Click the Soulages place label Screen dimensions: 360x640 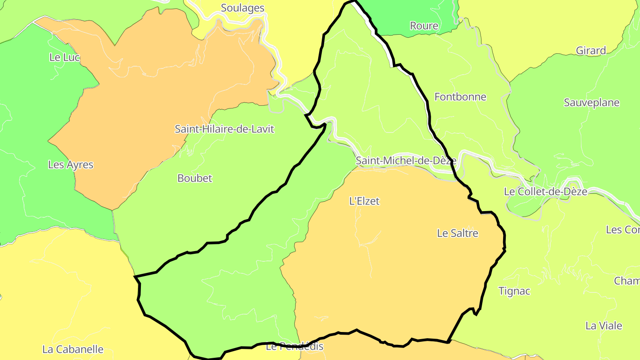(x=242, y=8)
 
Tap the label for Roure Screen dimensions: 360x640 (x=424, y=26)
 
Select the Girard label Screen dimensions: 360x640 (x=591, y=51)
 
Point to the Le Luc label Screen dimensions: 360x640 (x=64, y=57)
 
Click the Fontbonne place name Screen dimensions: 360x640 (x=460, y=97)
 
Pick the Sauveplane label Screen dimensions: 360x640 (x=591, y=103)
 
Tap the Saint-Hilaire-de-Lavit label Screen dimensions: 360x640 (x=224, y=129)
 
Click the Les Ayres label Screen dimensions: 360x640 (x=71, y=165)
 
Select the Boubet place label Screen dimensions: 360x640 (x=195, y=178)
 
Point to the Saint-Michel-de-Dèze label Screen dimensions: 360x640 (x=406, y=160)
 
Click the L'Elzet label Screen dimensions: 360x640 (x=364, y=201)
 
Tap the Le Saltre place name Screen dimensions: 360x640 (x=457, y=233)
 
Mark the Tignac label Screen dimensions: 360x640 (x=514, y=291)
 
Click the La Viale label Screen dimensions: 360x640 (x=604, y=326)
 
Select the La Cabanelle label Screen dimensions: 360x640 (x=73, y=349)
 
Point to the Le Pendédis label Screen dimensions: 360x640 (x=294, y=347)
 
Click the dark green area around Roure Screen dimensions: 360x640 (x=400, y=13)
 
